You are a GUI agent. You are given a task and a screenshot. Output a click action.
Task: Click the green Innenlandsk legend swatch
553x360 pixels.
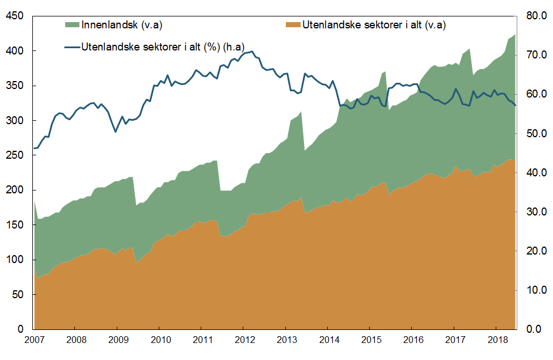point(73,24)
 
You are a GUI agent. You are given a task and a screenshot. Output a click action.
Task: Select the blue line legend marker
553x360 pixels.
point(73,46)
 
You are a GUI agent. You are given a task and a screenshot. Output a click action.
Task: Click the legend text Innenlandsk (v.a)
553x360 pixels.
point(122,24)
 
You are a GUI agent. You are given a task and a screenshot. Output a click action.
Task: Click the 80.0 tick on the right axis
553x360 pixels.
point(535,16)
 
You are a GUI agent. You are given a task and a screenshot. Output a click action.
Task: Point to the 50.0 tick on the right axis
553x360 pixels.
point(535,134)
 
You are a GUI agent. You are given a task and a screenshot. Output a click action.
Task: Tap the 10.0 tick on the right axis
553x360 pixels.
point(535,290)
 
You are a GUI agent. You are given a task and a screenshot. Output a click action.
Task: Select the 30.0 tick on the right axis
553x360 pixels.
point(535,212)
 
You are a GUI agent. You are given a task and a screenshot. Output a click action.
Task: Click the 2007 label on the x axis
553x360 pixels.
point(34,340)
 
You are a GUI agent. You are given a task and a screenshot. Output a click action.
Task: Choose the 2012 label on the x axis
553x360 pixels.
point(243,340)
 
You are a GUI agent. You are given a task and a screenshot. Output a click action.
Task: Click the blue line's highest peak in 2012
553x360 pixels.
point(251,51)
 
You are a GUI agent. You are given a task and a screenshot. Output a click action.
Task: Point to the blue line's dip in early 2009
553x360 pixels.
point(116,132)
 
